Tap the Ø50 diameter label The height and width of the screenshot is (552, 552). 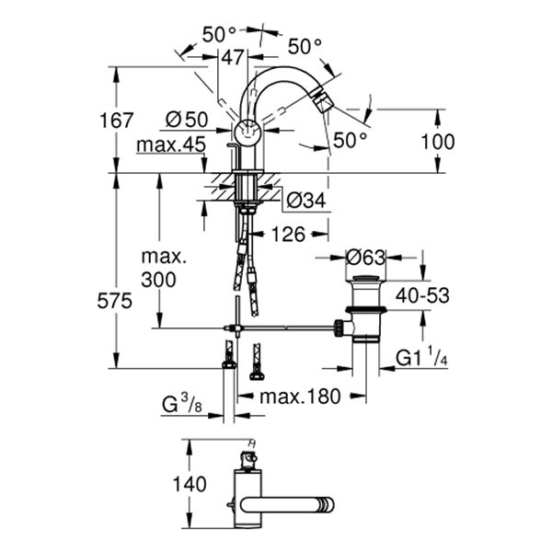pos(187,119)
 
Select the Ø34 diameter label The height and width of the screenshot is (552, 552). pos(305,198)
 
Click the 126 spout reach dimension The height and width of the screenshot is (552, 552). pos(288,235)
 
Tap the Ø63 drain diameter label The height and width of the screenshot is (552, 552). pos(366,258)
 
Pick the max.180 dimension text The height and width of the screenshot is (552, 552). pos(300,397)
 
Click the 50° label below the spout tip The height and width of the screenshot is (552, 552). pos(350,140)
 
